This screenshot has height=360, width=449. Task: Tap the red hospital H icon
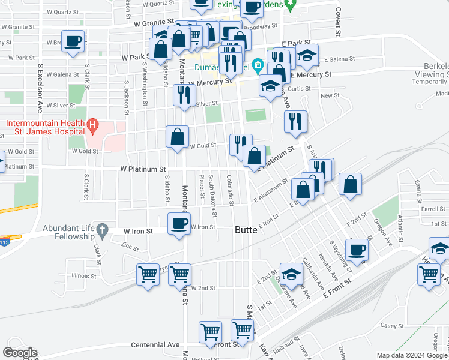[x=92, y=125]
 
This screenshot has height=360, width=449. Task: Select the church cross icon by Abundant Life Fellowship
[x=102, y=229]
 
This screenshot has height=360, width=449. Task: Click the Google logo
[x=20, y=353]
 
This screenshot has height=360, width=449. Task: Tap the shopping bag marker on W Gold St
[x=178, y=137]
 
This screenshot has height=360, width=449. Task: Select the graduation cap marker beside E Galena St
[x=307, y=56]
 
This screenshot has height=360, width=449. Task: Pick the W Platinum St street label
[x=143, y=170]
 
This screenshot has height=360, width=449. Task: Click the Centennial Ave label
[x=155, y=345]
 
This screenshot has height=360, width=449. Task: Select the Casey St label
[x=391, y=325]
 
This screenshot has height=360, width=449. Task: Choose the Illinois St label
[x=85, y=277]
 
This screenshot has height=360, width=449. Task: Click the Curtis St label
[x=298, y=88]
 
